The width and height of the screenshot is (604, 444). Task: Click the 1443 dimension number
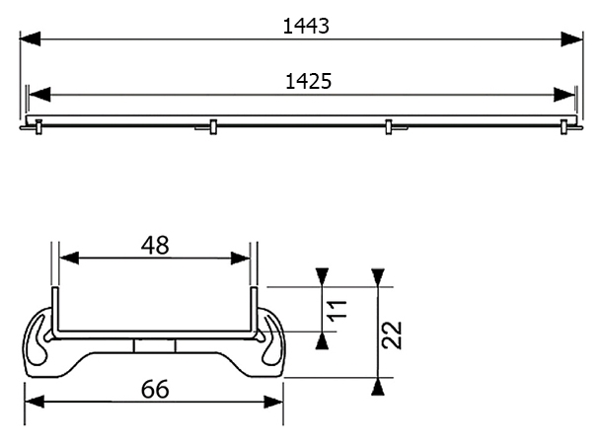pyautogui.click(x=306, y=27)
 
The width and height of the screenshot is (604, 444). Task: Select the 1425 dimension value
pyautogui.click(x=308, y=81)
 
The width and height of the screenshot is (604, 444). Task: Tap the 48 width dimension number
pyautogui.click(x=155, y=246)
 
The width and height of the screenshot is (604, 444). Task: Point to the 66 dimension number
pyautogui.click(x=155, y=389)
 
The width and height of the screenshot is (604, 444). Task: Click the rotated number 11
pyautogui.click(x=338, y=309)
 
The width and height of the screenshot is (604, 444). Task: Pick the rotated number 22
pyautogui.click(x=392, y=335)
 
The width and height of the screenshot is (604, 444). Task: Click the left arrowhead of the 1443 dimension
pyautogui.click(x=30, y=38)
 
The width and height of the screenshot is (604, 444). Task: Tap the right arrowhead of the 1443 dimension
pyautogui.click(x=572, y=38)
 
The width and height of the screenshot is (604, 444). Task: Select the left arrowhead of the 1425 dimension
pyautogui.click(x=39, y=95)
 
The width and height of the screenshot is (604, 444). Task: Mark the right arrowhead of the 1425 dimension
pyautogui.click(x=564, y=95)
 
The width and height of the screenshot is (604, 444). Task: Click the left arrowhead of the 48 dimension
pyautogui.click(x=69, y=259)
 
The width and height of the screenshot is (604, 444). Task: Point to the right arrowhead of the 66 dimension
pyautogui.click(x=273, y=402)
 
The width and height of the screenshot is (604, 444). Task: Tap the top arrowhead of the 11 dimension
pyautogui.click(x=322, y=277)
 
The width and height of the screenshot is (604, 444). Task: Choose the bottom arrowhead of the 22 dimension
pyautogui.click(x=378, y=387)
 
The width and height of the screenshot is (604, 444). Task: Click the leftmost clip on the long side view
pyautogui.click(x=38, y=126)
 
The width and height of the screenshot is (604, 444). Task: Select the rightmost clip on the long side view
pyautogui.click(x=565, y=126)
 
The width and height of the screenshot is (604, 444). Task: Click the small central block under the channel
pyautogui.click(x=155, y=345)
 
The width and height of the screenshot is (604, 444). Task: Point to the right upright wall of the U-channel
pyautogui.click(x=254, y=310)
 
